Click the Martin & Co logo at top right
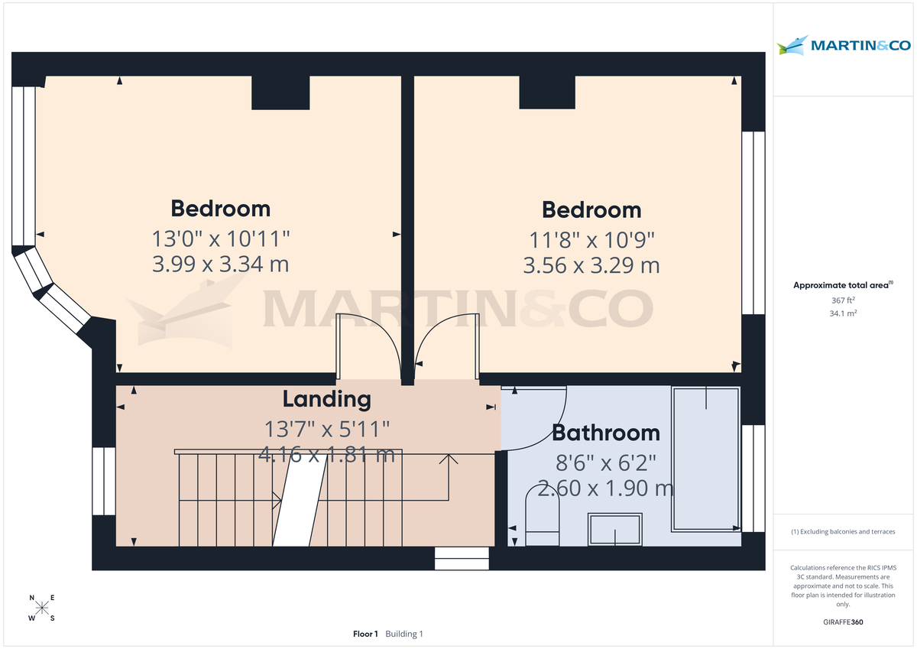coord(844,46)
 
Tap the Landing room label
coord(326,399)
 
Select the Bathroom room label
coord(605,433)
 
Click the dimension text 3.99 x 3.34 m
coord(220,264)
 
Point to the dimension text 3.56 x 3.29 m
coord(591,265)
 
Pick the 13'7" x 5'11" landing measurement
coord(326,428)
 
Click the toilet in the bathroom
coord(543,520)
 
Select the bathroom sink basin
coord(615,529)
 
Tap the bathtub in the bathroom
coord(705,459)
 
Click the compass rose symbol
coord(42,608)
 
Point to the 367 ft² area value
coord(844,300)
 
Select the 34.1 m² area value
coord(844,313)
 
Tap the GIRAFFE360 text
coord(844,622)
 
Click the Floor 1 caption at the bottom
coord(365,634)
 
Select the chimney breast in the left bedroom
coord(280,92)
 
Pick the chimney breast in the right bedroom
coord(547,92)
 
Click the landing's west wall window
coord(103,481)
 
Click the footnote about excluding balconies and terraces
coord(844,531)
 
